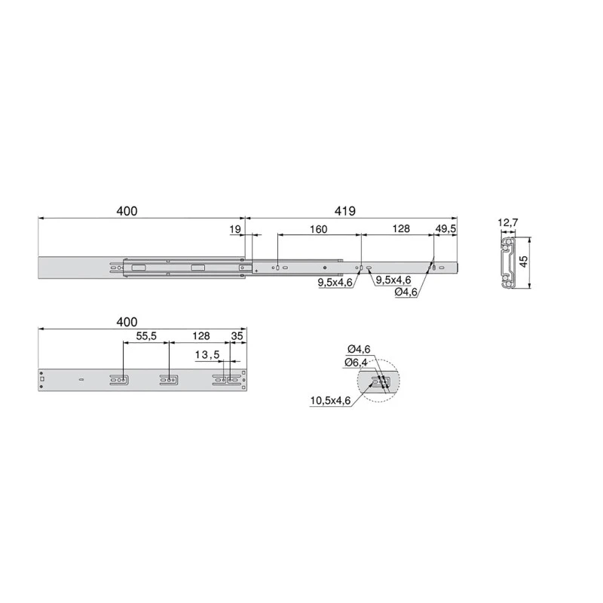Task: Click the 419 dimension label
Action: tap(347, 212)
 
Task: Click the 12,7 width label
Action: tap(508, 222)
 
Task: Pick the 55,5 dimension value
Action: tap(146, 336)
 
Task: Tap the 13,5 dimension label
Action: tap(207, 354)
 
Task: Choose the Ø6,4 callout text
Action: tap(357, 363)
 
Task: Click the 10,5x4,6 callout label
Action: tap(330, 400)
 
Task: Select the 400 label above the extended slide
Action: tap(127, 212)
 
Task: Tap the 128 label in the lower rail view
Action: tap(200, 336)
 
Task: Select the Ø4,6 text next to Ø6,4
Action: tap(358, 348)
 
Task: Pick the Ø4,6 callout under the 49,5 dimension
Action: tap(407, 292)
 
